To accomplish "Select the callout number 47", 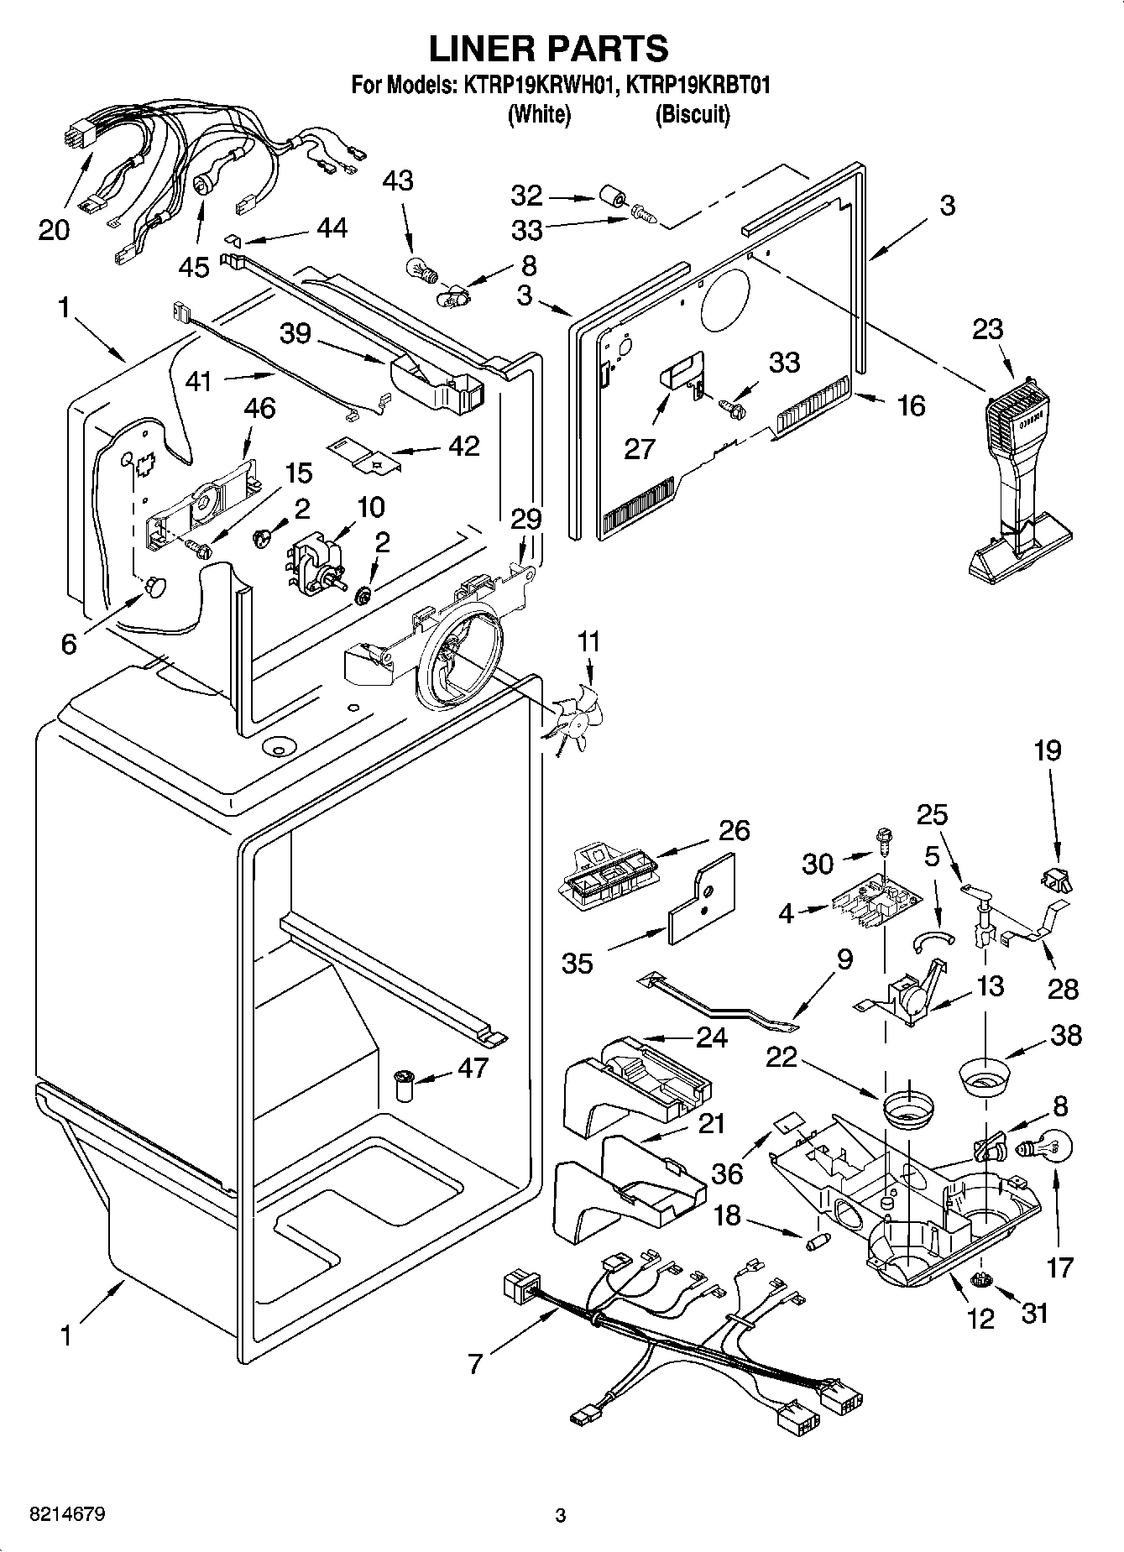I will tap(473, 1068).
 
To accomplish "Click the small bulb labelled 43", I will tap(417, 270).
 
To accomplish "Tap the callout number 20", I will tap(54, 229).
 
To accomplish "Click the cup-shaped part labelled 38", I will tap(984, 1079).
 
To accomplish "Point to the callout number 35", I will tap(578, 963).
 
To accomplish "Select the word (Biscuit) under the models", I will tap(692, 114).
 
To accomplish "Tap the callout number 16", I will tap(910, 406).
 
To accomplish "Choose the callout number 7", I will tap(475, 1364).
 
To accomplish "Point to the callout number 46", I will tap(259, 409).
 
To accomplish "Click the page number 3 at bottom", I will tap(560, 1516).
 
